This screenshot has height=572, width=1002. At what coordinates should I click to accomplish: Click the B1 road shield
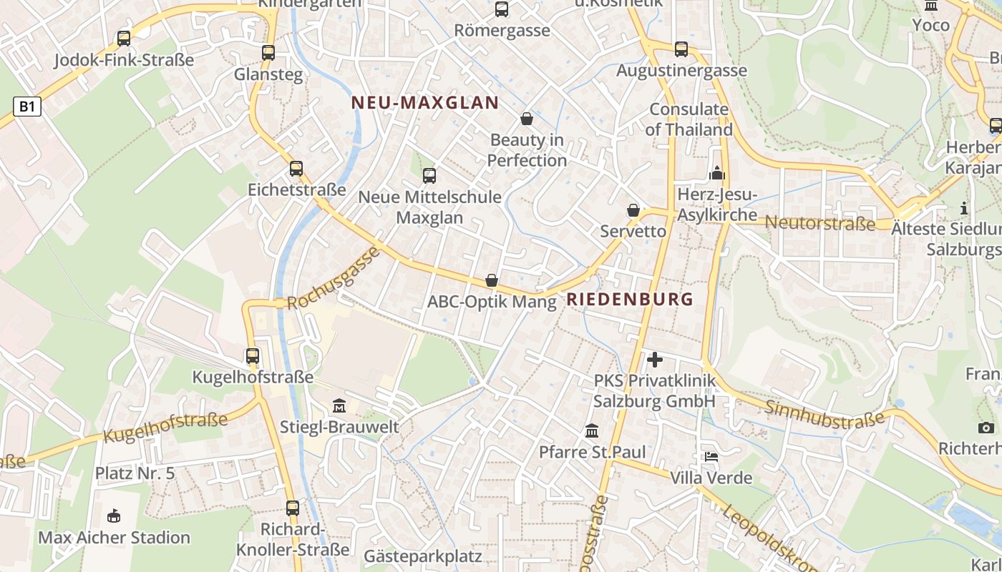26,107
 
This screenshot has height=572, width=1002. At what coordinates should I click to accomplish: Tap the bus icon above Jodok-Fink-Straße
124,39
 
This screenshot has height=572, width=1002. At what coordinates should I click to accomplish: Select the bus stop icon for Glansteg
268,52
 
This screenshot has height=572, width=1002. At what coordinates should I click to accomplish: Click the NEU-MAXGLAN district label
425,102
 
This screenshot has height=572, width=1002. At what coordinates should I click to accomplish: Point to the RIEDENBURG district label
630,299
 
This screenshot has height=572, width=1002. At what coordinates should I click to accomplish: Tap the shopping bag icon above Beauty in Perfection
527,119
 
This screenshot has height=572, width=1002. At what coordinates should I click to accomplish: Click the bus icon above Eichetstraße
296,169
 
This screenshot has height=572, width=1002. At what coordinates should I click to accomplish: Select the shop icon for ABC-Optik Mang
492,280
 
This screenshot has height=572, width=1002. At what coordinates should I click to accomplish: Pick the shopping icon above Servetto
633,210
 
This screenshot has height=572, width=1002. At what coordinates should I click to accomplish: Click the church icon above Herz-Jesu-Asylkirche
716,173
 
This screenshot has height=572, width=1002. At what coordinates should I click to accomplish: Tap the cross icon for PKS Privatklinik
654,360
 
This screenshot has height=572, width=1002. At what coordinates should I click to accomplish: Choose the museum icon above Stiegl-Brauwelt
339,406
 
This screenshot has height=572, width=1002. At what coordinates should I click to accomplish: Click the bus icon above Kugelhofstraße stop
252,355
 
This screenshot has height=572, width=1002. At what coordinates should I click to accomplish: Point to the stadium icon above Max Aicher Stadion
113,516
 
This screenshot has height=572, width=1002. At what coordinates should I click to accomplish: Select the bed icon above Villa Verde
711,456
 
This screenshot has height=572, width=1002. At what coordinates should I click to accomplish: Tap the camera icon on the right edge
986,428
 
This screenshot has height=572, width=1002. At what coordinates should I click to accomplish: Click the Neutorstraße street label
820,222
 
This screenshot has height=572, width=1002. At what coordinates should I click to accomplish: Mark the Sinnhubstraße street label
825,414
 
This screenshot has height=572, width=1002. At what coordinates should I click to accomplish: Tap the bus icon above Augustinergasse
681,49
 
